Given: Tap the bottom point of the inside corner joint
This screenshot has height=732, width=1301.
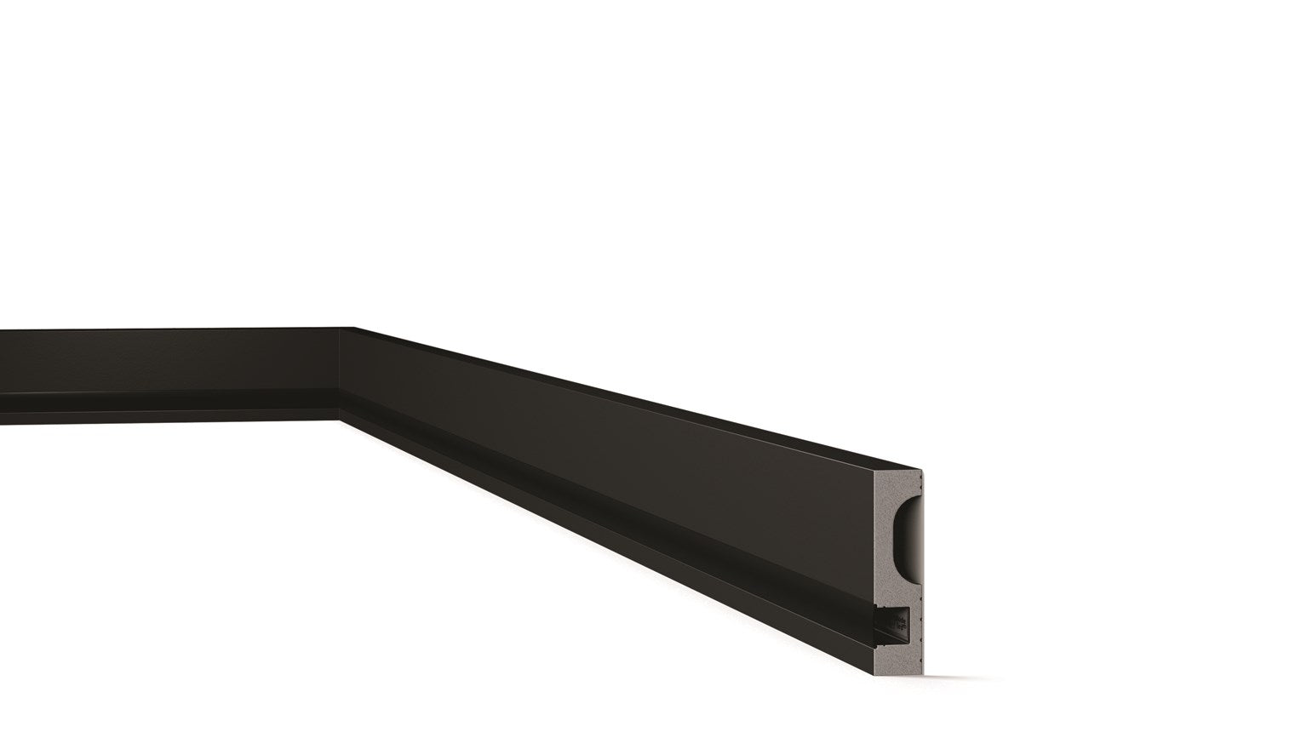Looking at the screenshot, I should click(x=340, y=418).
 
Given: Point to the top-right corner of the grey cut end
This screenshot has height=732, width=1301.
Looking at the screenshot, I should click(x=923, y=469).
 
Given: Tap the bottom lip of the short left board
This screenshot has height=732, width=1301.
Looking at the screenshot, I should click(x=170, y=415).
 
